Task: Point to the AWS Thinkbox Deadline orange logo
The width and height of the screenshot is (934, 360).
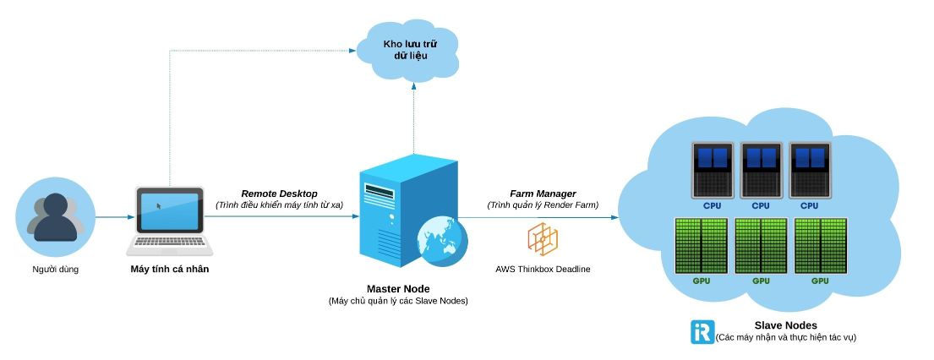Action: [543, 239]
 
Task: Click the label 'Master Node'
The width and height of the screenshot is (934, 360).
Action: [397, 288]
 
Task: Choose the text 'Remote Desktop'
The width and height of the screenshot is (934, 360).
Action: [279, 194]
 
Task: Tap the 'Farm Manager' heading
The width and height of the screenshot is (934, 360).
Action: [543, 194]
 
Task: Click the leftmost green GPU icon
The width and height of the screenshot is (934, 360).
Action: [701, 245]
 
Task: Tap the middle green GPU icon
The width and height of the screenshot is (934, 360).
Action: [761, 245]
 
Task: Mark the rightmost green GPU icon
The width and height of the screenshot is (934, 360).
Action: [820, 245]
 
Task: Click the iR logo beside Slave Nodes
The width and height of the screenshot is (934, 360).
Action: [702, 331]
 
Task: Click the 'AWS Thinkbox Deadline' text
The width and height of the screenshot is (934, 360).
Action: [543, 270]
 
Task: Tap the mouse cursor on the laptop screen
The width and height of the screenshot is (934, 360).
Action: [158, 206]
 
